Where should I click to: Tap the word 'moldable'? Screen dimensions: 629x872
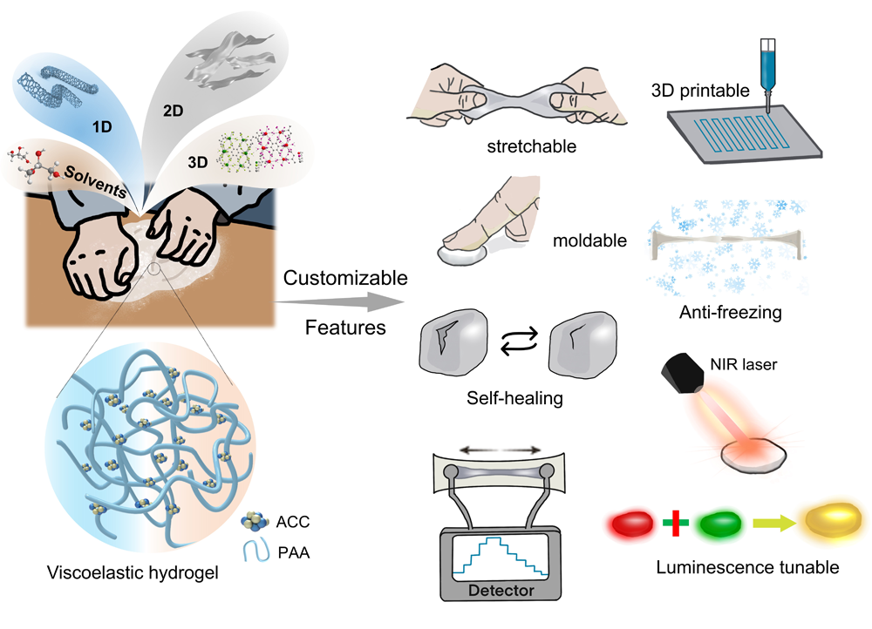pos(590,240)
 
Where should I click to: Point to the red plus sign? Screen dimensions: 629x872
pos(674,523)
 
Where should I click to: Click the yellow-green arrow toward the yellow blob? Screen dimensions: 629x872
pos(771,523)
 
